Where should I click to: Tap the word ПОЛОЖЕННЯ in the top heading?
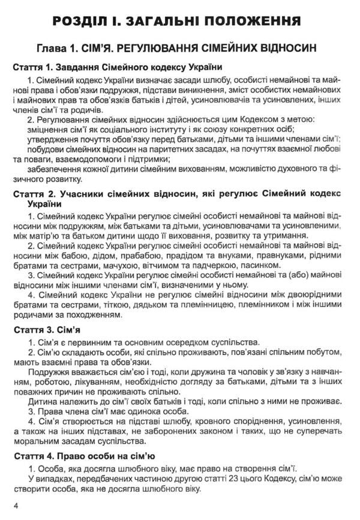[x=254, y=23]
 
